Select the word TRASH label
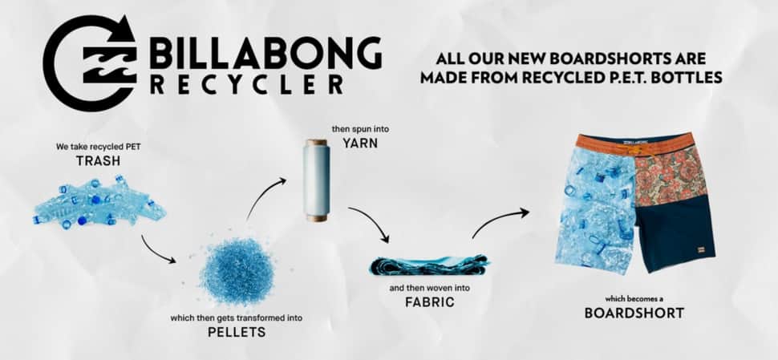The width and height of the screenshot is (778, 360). coord(99,160)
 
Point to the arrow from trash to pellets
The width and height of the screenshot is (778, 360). coord(158,250)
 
